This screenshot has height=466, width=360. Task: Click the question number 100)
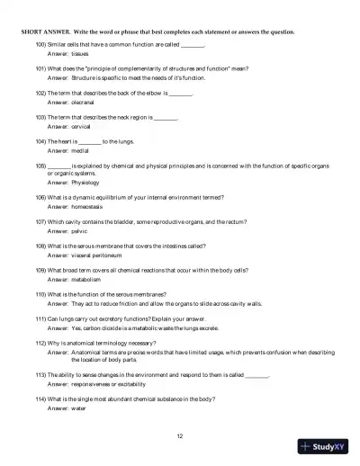40,44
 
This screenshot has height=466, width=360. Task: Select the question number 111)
40,319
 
